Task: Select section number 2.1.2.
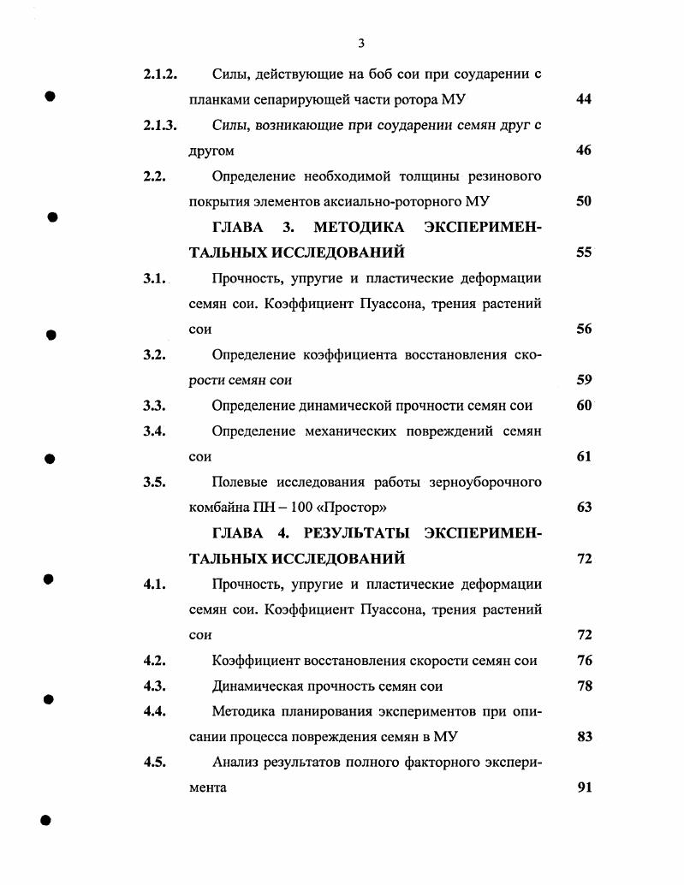pos(160,74)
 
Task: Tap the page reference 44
pos(584,99)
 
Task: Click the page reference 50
pos(584,202)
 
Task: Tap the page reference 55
pos(584,253)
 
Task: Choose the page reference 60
pos(584,406)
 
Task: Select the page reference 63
pos(584,508)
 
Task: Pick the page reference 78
pos(584,686)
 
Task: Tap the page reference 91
pos(584,787)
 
